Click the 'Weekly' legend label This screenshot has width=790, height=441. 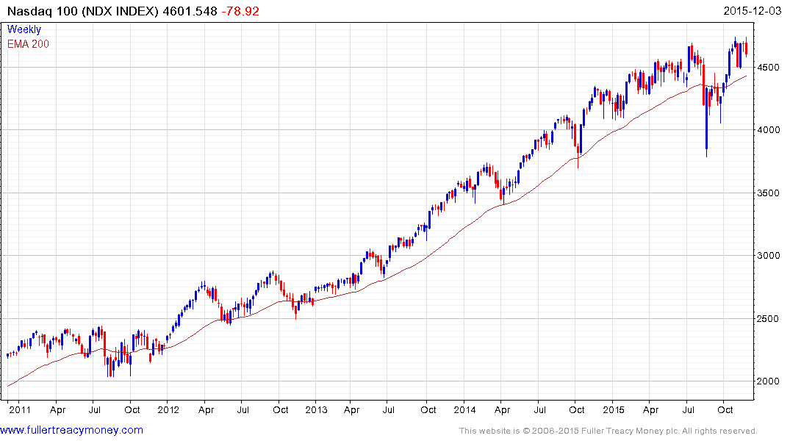[24, 29]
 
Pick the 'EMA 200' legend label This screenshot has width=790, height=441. [29, 43]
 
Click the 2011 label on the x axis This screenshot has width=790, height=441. [20, 409]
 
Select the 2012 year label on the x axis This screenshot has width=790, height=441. [168, 409]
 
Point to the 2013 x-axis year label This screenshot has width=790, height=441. [316, 409]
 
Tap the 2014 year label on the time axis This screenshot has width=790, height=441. [464, 409]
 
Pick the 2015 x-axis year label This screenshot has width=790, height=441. [613, 409]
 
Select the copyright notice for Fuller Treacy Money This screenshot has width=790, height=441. [608, 431]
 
